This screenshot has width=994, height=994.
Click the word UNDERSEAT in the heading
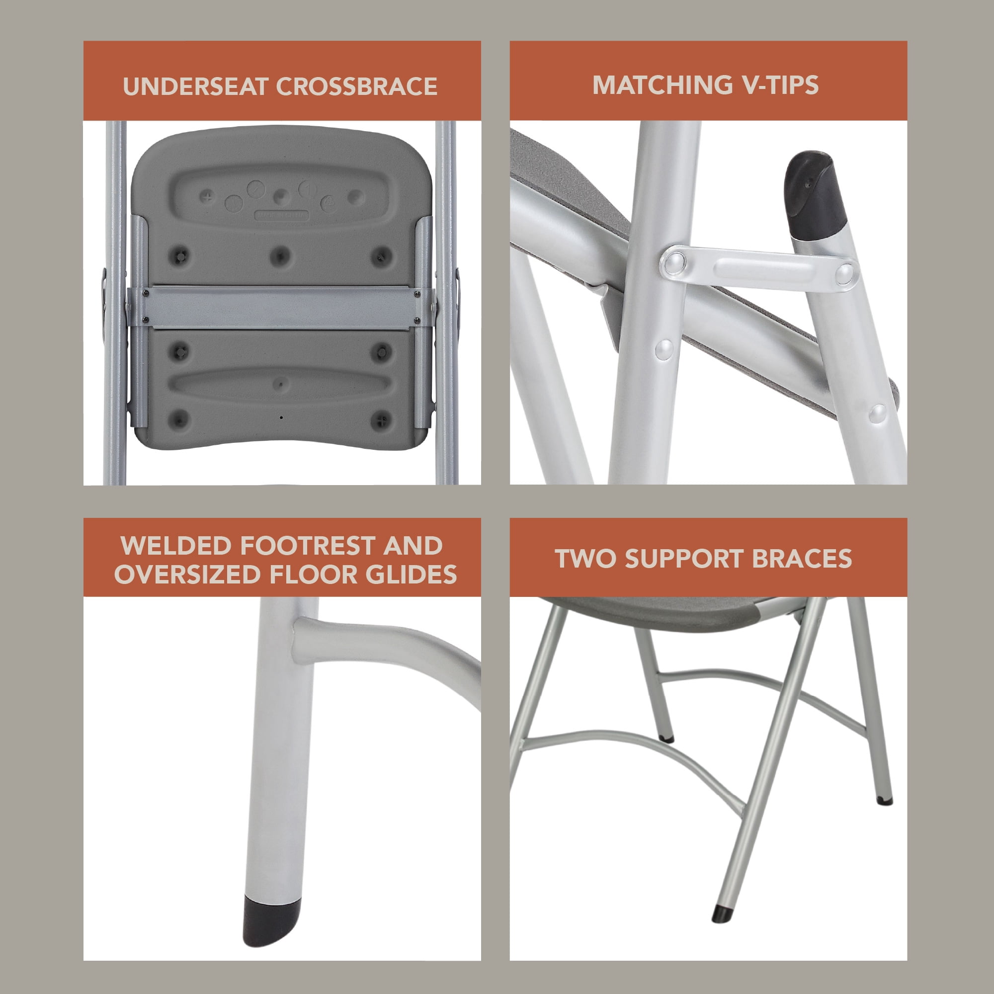196,86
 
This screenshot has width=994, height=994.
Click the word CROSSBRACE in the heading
357,86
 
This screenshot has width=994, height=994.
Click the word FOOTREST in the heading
308,546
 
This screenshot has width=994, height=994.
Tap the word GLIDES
411,575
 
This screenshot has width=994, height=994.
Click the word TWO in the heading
586,559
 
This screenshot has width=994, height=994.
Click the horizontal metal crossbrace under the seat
281,307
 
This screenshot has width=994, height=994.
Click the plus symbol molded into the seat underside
208,196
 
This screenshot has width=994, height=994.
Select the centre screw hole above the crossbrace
280,254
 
